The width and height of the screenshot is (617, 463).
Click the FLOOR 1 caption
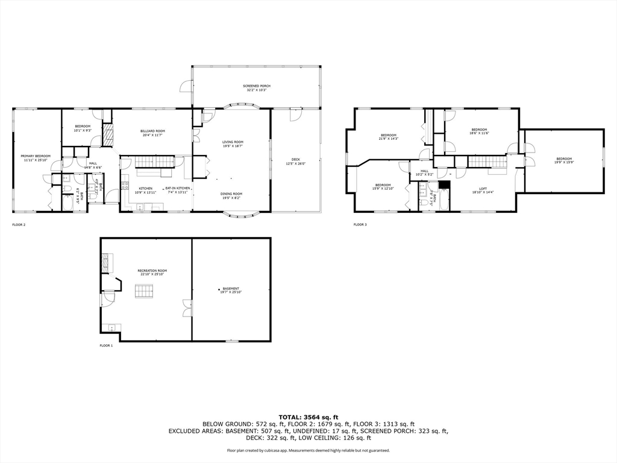(x=106, y=345)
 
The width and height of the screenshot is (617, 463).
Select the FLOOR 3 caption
(x=360, y=225)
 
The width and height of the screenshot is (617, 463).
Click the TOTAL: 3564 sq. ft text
(x=308, y=417)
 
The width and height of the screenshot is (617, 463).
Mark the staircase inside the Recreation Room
(x=144, y=292)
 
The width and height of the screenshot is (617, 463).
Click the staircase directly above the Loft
(x=487, y=161)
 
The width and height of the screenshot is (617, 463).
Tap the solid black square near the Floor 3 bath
(x=445, y=185)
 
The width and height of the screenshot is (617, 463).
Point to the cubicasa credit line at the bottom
(x=308, y=450)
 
